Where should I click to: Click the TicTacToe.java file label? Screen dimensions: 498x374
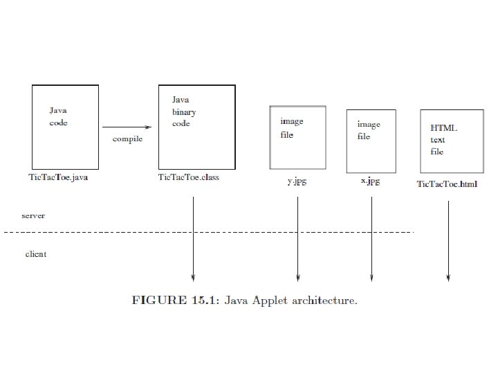click(58, 177)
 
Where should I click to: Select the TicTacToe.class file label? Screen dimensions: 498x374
click(189, 177)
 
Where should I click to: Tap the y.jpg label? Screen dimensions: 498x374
click(298, 181)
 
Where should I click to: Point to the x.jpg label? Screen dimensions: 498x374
click(370, 181)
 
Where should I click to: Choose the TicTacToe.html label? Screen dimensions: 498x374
click(447, 184)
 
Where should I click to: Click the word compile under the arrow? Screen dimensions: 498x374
click(127, 139)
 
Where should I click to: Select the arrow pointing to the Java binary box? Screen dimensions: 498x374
click(127, 127)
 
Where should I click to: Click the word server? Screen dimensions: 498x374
click(33, 215)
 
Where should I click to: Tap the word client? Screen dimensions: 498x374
click(36, 254)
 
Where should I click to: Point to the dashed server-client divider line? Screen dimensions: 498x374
click(207, 232)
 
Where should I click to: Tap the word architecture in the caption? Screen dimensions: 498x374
click(324, 300)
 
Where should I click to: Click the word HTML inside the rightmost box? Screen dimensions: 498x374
click(444, 128)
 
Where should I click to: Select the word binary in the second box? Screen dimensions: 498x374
click(184, 112)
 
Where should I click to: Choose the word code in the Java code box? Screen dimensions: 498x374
click(59, 123)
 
